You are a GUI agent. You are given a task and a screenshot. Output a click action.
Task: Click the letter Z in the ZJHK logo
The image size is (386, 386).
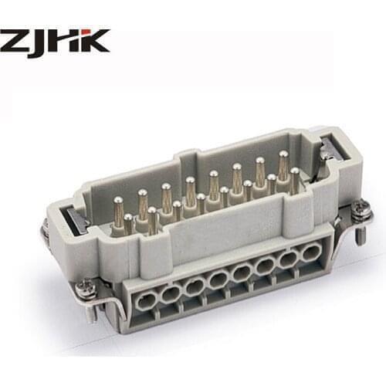tap(15, 41)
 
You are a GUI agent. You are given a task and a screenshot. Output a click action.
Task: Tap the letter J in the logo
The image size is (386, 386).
tap(42, 42)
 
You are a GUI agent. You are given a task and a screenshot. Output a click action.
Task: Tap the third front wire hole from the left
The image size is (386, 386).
tap(195, 284)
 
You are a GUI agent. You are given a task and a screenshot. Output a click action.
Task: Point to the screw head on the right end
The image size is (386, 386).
tap(359, 206)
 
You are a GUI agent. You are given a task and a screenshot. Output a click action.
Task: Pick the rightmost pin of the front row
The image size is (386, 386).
tap(294, 177)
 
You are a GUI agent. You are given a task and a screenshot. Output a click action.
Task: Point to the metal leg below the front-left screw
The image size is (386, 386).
tap(90, 310)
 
